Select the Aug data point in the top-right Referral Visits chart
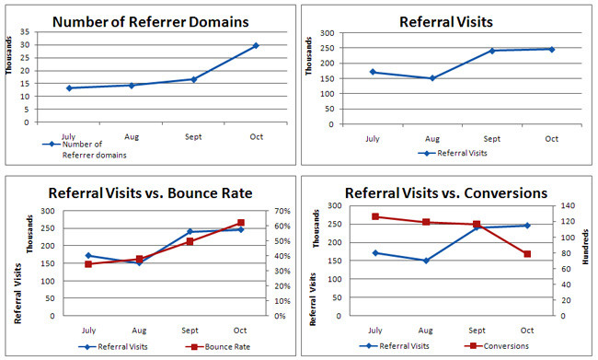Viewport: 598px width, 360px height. pyautogui.click(x=432, y=78)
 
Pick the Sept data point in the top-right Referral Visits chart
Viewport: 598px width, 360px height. pyautogui.click(x=492, y=51)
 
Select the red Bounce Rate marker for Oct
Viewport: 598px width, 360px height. pyautogui.click(x=241, y=223)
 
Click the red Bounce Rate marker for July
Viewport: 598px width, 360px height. pyautogui.click(x=88, y=264)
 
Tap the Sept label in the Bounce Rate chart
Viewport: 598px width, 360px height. pyautogui.click(x=190, y=330)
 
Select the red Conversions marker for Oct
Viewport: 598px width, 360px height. pyautogui.click(x=527, y=254)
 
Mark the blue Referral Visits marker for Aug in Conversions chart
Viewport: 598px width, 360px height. pyautogui.click(x=425, y=261)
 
